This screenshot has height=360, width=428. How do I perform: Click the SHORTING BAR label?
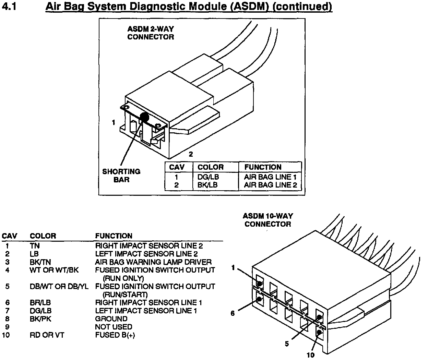tap(121, 175)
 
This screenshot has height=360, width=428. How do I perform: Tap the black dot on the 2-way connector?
tap(144, 118)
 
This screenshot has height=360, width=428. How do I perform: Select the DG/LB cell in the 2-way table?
tap(208, 177)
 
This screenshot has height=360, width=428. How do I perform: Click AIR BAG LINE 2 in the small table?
tap(270, 185)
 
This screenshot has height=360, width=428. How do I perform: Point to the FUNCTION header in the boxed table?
tap(263, 167)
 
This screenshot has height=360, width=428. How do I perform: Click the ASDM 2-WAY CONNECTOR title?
tap(151, 33)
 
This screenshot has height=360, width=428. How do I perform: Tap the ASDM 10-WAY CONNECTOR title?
tap(267, 220)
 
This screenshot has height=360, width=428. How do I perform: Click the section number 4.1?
tap(10, 6)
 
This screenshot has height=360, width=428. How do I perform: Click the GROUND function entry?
tap(111, 319)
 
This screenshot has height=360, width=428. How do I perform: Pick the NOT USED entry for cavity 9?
tap(114, 327)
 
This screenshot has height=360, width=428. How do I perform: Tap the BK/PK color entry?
tap(40, 319)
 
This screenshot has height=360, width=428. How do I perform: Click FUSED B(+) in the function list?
tap(115, 335)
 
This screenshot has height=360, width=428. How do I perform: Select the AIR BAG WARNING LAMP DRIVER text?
tap(153, 262)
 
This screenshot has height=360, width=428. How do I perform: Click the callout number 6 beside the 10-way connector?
tap(233, 313)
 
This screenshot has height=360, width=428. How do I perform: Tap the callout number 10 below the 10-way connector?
tap(310, 355)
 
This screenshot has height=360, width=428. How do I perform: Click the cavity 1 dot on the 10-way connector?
tap(260, 284)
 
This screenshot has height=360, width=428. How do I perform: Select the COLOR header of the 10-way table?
tap(43, 236)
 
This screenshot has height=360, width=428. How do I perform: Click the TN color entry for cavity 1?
tap(35, 246)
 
